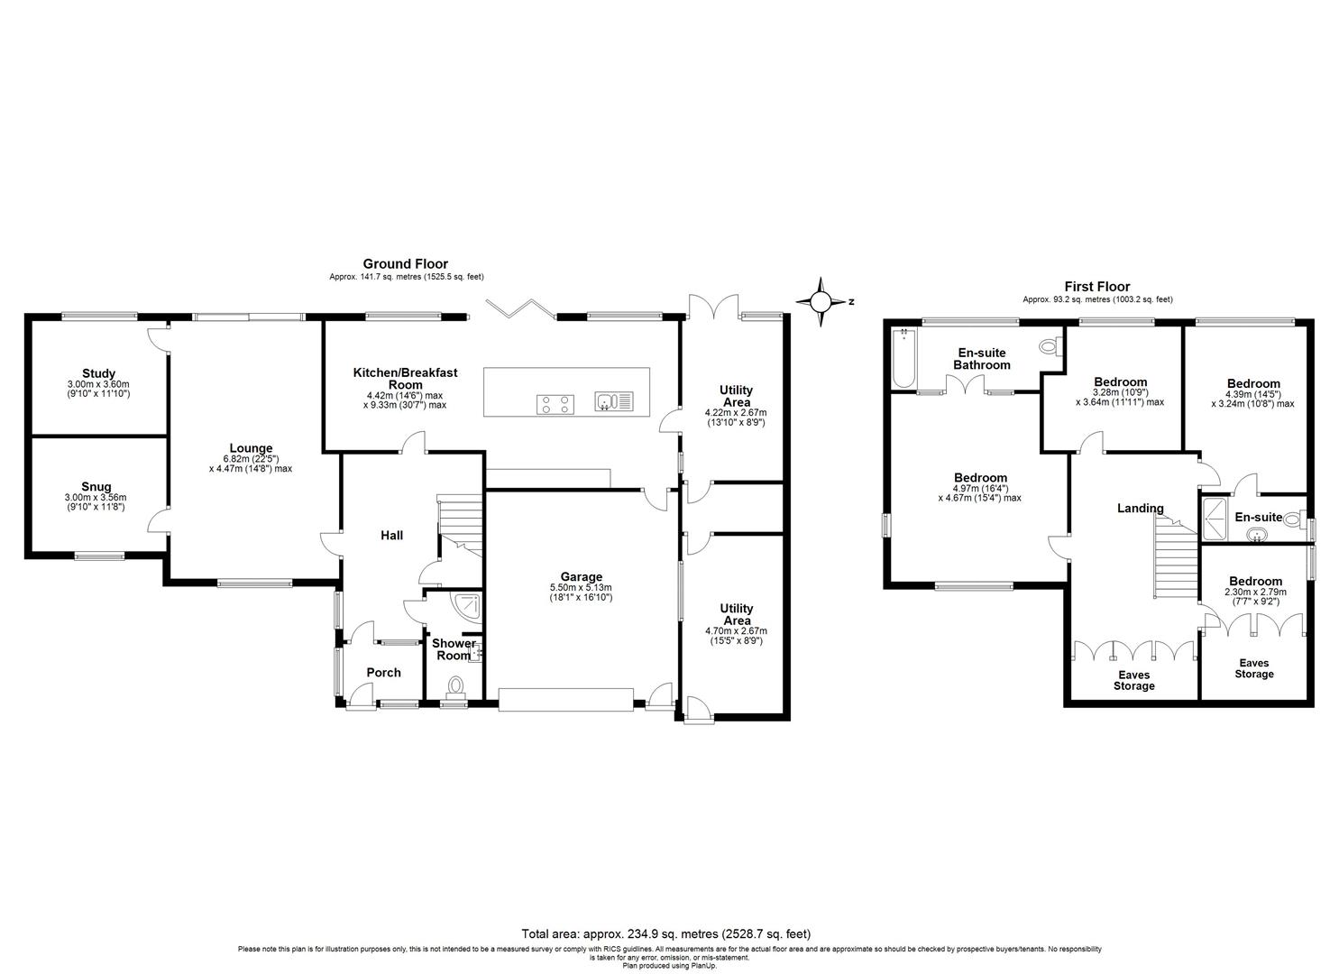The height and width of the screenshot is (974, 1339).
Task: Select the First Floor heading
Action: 1096,287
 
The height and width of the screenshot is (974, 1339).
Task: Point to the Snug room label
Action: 96,487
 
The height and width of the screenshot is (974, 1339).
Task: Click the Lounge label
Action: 251,448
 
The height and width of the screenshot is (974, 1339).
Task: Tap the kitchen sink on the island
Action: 614,401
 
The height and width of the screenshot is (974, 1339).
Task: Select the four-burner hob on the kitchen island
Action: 555,404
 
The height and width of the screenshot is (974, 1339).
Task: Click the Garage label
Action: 581,577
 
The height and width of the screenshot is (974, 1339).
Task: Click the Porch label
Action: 383,672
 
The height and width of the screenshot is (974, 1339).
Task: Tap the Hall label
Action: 391,536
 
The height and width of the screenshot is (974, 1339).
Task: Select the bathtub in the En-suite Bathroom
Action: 902,359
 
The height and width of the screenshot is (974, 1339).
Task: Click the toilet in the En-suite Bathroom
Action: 1049,346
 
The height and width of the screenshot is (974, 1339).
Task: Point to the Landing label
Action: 1140,509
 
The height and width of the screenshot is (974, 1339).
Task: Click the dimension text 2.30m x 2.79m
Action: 1254,593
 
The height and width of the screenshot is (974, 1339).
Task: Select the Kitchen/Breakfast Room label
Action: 405,378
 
